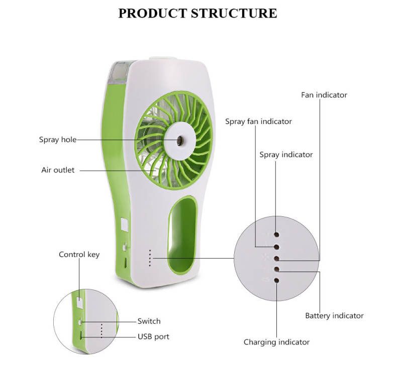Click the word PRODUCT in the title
pyautogui.click(x=152, y=13)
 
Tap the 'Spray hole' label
pyautogui.click(x=58, y=140)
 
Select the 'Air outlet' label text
pyautogui.click(x=58, y=170)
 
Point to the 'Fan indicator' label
pyautogui.click(x=324, y=95)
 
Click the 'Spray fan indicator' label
pyautogui.click(x=258, y=121)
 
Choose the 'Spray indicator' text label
pyautogui.click(x=286, y=155)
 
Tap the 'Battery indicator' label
pyautogui.click(x=334, y=316)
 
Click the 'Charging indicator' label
pyautogui.click(x=276, y=342)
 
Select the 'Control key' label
pyautogui.click(x=79, y=255)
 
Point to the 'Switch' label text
pyautogui.click(x=149, y=321)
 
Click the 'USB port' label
pyautogui.click(x=153, y=336)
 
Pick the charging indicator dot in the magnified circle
pyautogui.click(x=276, y=280)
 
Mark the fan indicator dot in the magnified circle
pyautogui.click(x=276, y=258)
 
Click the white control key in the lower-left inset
pyautogui.click(x=80, y=303)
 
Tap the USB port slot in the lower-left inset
pyautogui.click(x=81, y=335)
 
